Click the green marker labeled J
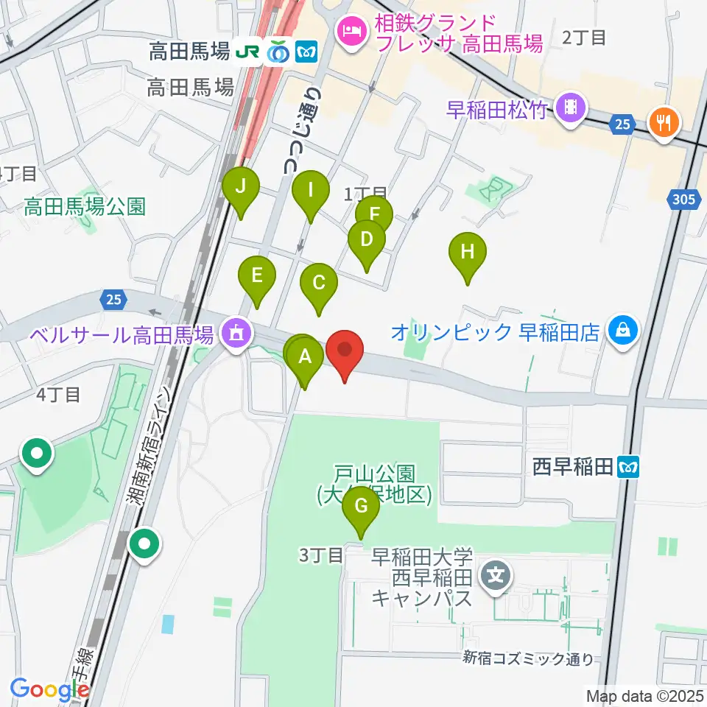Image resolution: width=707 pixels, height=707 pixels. click(241, 187)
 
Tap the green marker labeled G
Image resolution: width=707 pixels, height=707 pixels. click(360, 507)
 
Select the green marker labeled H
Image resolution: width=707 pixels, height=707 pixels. click(468, 253)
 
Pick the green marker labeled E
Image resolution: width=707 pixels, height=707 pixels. click(257, 277)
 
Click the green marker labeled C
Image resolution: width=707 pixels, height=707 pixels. click(319, 284)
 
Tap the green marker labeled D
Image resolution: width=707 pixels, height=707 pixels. click(366, 240)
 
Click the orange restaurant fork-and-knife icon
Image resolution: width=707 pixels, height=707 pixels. click(665, 122)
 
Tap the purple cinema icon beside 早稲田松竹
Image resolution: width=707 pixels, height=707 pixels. click(571, 110)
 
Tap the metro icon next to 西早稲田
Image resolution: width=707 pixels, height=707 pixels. click(630, 465)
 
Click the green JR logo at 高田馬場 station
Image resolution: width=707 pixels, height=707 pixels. click(247, 52)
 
